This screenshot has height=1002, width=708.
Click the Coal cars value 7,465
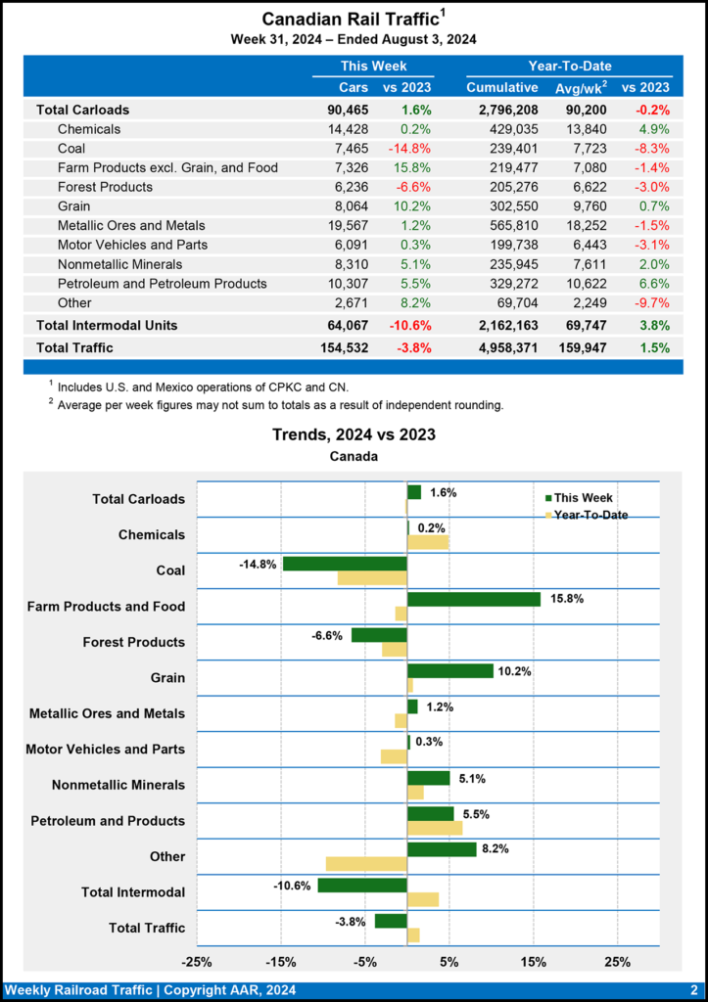click(x=348, y=148)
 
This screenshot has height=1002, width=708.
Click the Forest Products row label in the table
click(x=105, y=187)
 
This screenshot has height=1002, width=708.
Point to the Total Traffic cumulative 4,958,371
click(x=502, y=347)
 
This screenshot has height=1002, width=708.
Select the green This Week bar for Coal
click(x=345, y=564)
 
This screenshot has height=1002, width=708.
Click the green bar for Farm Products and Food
click(x=474, y=599)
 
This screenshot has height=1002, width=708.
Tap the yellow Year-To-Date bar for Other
click(x=366, y=863)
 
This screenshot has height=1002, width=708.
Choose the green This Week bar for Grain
click(x=450, y=670)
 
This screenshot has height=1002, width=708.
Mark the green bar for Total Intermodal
click(x=362, y=886)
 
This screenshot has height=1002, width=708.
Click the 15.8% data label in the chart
click(x=566, y=598)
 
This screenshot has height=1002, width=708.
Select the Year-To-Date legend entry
click(x=590, y=515)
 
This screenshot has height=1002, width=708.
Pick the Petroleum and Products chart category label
click(x=108, y=820)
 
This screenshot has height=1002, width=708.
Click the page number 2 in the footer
click(x=693, y=990)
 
